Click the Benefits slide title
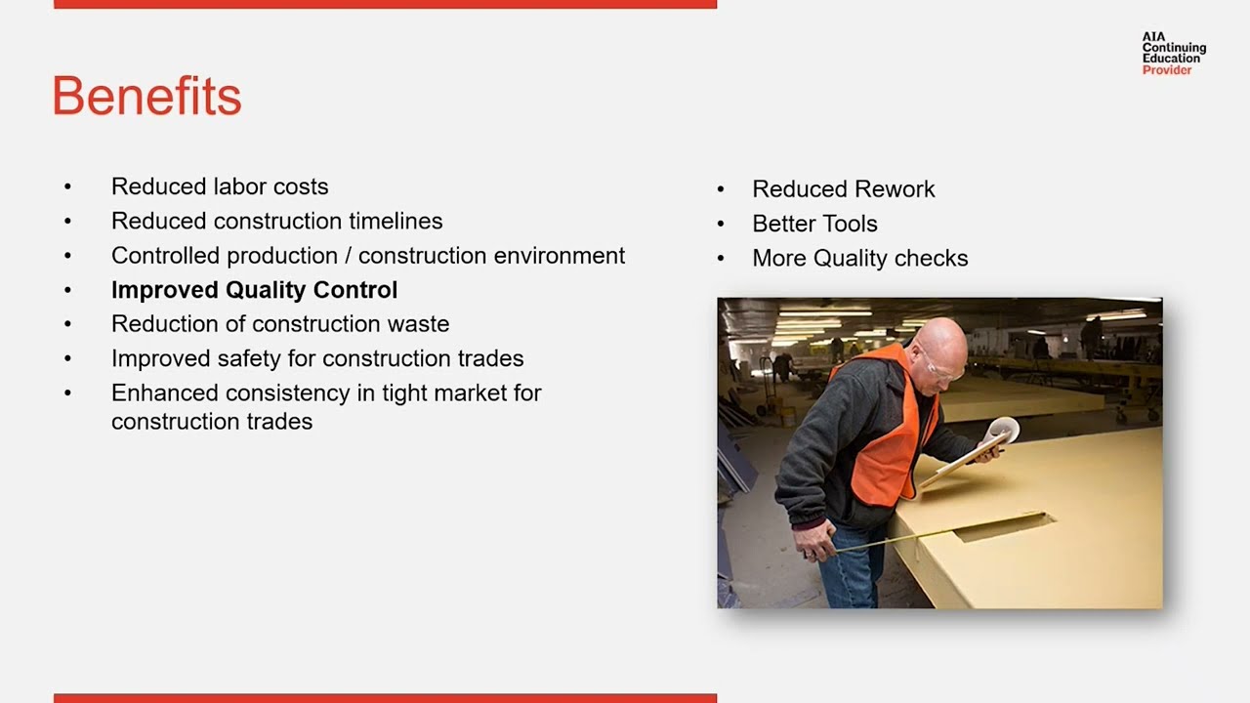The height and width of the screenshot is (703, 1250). pos(146,97)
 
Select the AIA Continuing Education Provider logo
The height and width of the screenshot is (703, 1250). pos(1173,53)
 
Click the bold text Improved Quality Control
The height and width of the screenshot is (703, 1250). pos(254,290)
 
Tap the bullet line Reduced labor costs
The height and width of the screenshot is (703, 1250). pos(220,186)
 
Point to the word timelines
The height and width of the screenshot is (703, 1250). pos(391,222)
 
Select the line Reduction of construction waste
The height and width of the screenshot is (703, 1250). pos(280,324)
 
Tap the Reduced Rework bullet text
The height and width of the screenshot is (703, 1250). pos(843,189)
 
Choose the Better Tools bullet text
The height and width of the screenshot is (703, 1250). pos(814,224)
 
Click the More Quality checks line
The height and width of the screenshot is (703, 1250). pos(859,259)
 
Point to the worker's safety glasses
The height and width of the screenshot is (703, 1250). pos(942,371)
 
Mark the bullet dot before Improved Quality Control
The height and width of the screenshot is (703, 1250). pos(67,290)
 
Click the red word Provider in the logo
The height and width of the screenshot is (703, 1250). pos(1167,70)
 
